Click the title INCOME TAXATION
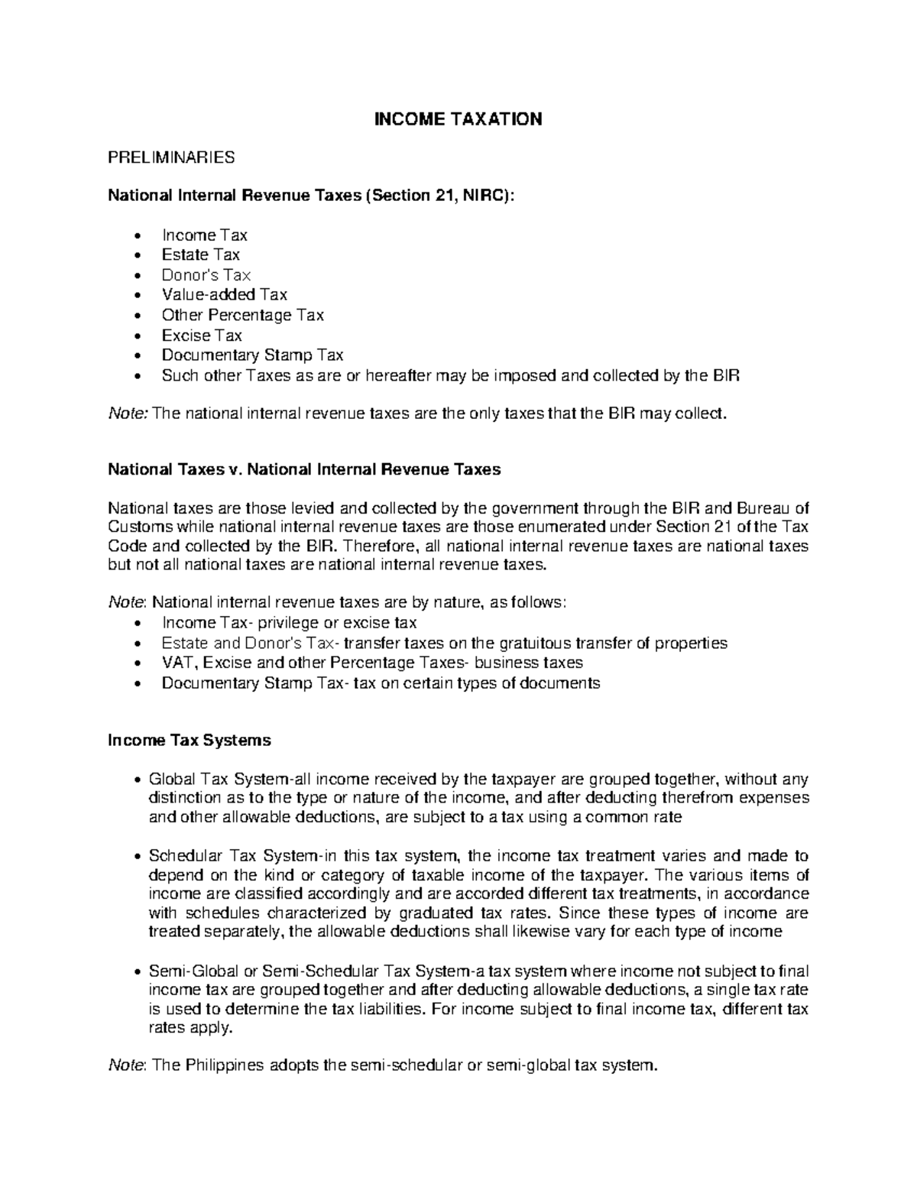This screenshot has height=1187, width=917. click(457, 119)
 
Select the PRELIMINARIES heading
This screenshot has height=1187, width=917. click(171, 158)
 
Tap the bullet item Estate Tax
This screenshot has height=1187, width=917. click(200, 255)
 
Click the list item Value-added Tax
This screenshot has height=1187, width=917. click(224, 294)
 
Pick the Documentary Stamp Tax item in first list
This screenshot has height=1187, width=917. click(252, 355)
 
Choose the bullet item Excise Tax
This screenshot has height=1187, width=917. click(201, 335)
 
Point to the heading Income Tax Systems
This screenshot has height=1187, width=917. click(190, 740)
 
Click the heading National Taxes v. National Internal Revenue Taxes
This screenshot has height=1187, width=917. click(304, 469)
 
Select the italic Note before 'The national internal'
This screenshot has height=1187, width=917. click(128, 414)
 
